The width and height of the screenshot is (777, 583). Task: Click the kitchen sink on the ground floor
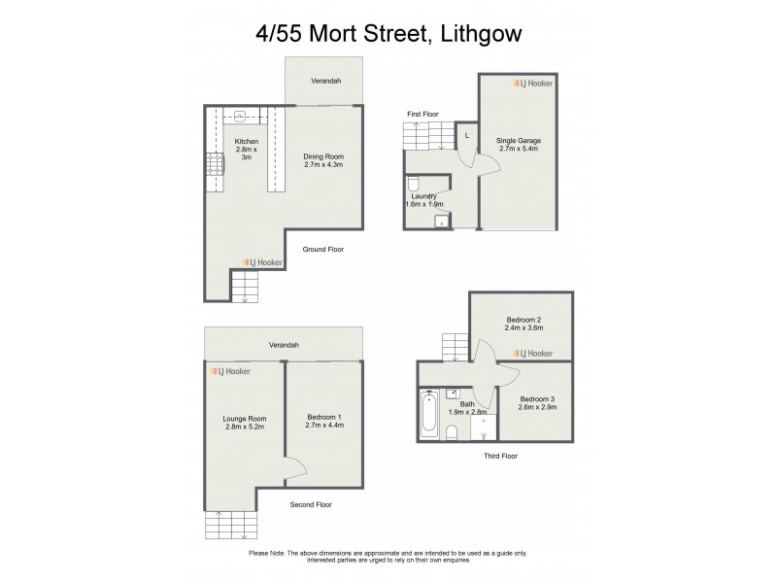(x=239, y=116)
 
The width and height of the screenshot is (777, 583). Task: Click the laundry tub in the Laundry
(x=441, y=222)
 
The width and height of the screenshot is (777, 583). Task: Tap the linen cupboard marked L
(x=466, y=135)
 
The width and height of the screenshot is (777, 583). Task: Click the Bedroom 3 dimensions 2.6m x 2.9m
(x=538, y=410)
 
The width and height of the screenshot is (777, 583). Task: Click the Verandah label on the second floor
(x=284, y=345)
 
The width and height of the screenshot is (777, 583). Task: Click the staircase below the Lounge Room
(x=231, y=526)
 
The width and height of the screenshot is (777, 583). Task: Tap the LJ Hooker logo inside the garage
(x=533, y=85)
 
